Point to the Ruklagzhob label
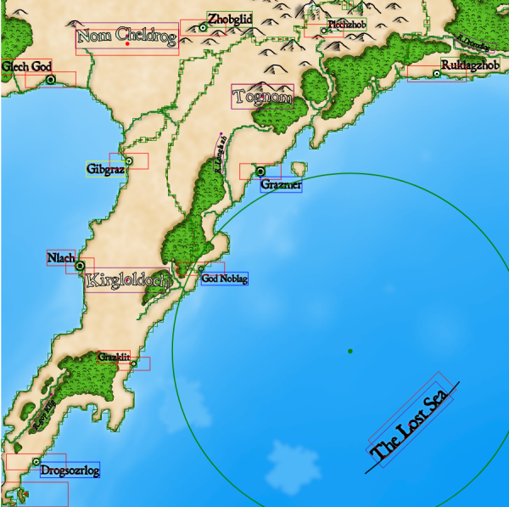coord(470,65)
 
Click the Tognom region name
coord(263,97)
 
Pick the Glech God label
coord(27,66)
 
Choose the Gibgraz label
coord(106,170)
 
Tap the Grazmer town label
coord(281,185)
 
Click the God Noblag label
coord(225,278)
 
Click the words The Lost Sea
coord(411,423)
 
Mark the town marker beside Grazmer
coord(261,172)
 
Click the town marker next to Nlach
coord(81,266)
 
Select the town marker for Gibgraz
coord(129,161)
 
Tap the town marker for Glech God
coord(50,79)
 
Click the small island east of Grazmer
coord(298,169)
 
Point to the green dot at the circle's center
coord(350,351)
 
